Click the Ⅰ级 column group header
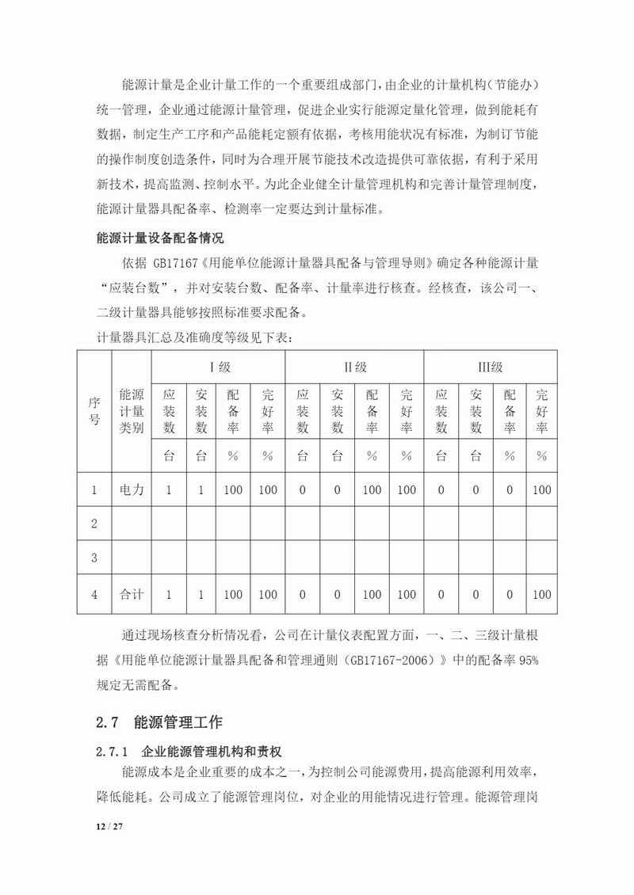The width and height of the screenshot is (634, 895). pyautogui.click(x=217, y=368)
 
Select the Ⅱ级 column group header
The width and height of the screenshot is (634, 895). pyautogui.click(x=354, y=368)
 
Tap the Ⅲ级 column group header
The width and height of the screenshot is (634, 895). pyautogui.click(x=490, y=368)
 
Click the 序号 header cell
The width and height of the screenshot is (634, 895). pyautogui.click(x=94, y=411)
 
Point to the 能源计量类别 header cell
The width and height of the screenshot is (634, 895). pyautogui.click(x=131, y=411)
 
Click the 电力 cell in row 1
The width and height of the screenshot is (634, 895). pyautogui.click(x=131, y=490)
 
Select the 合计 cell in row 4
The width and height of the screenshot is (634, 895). pyautogui.click(x=131, y=594)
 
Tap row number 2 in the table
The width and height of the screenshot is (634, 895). pyautogui.click(x=94, y=524)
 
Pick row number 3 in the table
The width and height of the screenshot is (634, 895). pyautogui.click(x=94, y=559)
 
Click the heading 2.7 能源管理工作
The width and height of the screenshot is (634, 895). pyautogui.click(x=158, y=722)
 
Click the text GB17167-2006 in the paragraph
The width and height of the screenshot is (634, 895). pyautogui.click(x=379, y=661)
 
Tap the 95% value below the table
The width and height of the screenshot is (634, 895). pyautogui.click(x=529, y=661)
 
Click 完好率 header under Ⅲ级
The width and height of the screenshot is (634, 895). pyautogui.click(x=542, y=411)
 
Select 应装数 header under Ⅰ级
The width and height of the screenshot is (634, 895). pyautogui.click(x=168, y=411)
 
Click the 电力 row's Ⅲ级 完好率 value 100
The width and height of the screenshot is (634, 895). pyautogui.click(x=542, y=490)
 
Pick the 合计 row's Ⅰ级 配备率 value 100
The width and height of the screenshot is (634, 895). pyautogui.click(x=233, y=594)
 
